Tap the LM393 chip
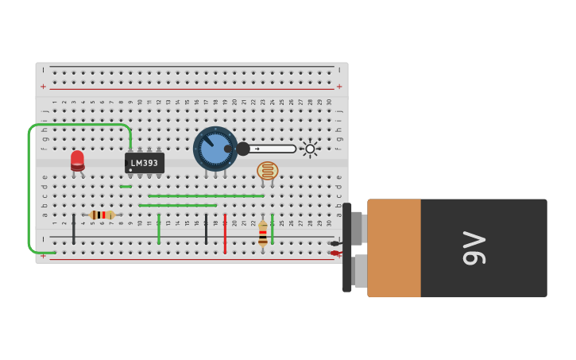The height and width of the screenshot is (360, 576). click(x=145, y=163)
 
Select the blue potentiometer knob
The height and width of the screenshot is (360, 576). click(x=215, y=149)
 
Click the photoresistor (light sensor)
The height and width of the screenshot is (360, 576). click(x=268, y=170)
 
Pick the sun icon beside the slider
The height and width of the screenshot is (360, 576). click(x=310, y=149)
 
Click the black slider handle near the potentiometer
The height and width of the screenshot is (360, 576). click(x=243, y=149)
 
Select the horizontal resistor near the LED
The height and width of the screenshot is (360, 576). click(x=102, y=215)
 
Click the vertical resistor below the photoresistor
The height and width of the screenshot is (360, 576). click(x=263, y=232)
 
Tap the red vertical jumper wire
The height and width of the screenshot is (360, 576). click(x=225, y=234)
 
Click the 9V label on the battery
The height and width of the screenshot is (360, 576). click(x=474, y=248)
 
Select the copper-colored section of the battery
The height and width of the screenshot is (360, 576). click(x=394, y=248)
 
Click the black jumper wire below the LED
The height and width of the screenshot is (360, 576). click(x=74, y=229)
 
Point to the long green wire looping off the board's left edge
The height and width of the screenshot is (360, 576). click(x=29, y=191)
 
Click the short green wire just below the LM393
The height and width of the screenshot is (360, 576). click(x=126, y=187)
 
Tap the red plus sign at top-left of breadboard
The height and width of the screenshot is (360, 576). click(x=43, y=87)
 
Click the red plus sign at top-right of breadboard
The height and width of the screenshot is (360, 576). click(x=339, y=87)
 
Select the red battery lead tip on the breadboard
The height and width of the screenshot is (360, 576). click(x=334, y=254)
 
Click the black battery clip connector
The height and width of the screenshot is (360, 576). click(x=347, y=248)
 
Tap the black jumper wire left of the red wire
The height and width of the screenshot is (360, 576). click(x=206, y=229)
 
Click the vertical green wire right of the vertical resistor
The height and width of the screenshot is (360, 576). click(x=273, y=229)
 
